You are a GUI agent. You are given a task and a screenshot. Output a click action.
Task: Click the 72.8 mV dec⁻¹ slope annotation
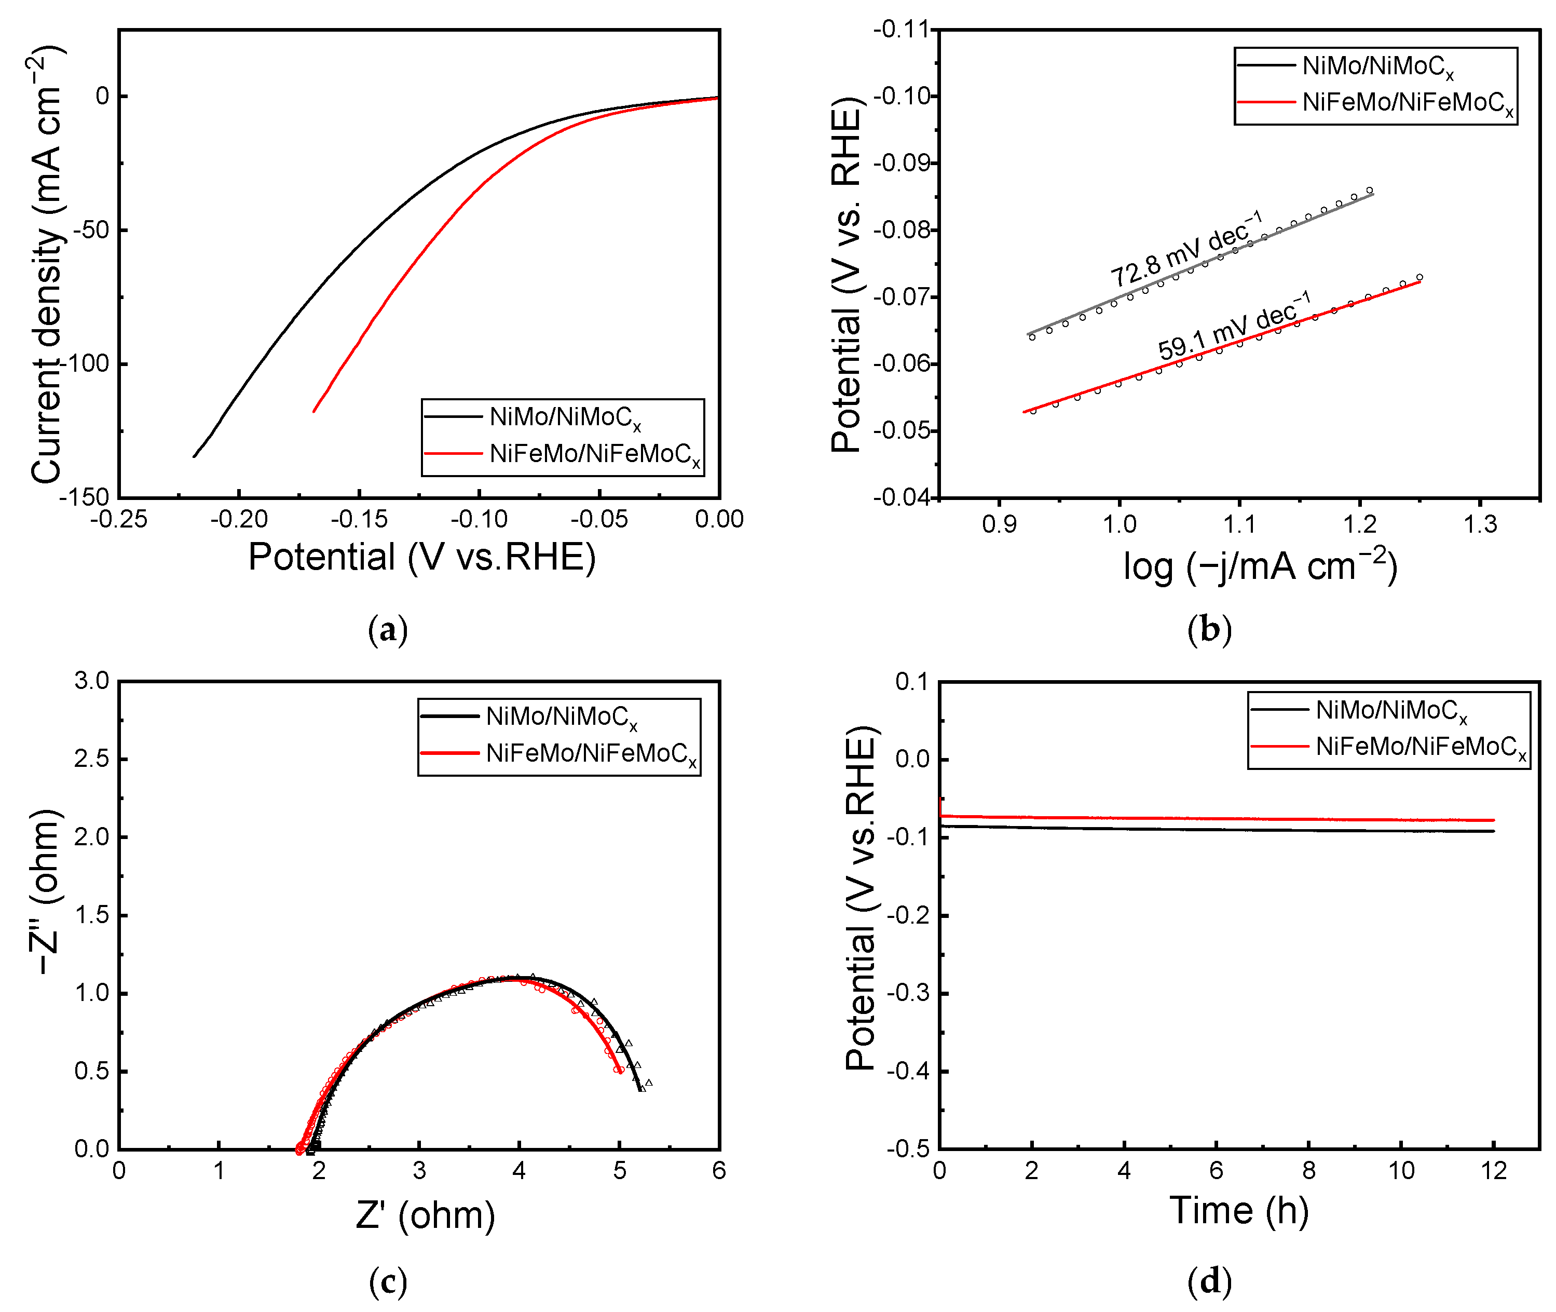tap(1186, 249)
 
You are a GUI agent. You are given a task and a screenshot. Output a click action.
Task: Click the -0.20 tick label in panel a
tap(239, 519)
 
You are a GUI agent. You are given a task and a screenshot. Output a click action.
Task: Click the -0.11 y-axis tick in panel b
tap(902, 30)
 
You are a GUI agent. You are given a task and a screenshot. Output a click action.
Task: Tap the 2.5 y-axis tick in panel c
tap(91, 759)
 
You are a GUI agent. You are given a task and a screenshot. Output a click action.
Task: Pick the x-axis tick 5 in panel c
tap(619, 1171)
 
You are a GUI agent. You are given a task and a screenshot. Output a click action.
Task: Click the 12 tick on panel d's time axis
tap(1494, 1171)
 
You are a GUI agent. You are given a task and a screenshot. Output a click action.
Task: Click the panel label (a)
tap(387, 630)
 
